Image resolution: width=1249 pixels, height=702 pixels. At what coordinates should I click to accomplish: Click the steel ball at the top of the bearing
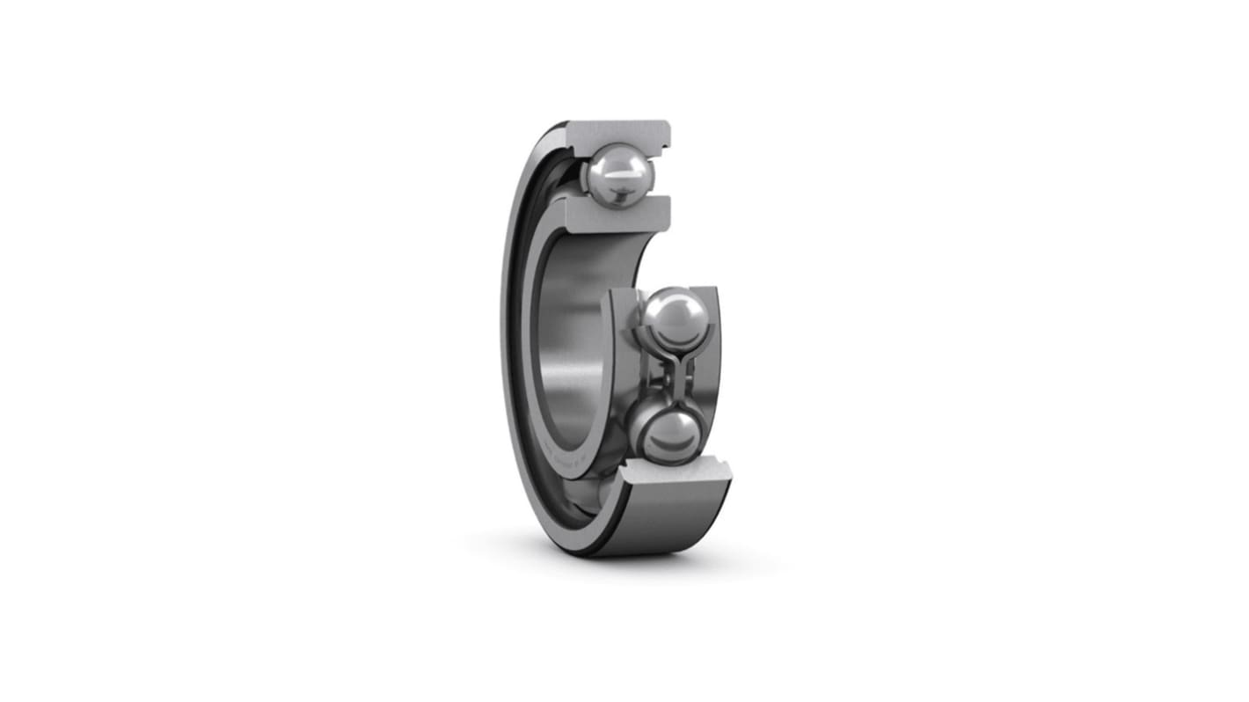[618, 175]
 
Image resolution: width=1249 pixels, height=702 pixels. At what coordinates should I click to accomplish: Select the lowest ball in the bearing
[668, 435]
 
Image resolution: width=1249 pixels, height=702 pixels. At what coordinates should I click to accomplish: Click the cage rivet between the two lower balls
[671, 376]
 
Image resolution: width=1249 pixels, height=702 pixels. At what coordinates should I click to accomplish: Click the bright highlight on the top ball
[623, 175]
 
